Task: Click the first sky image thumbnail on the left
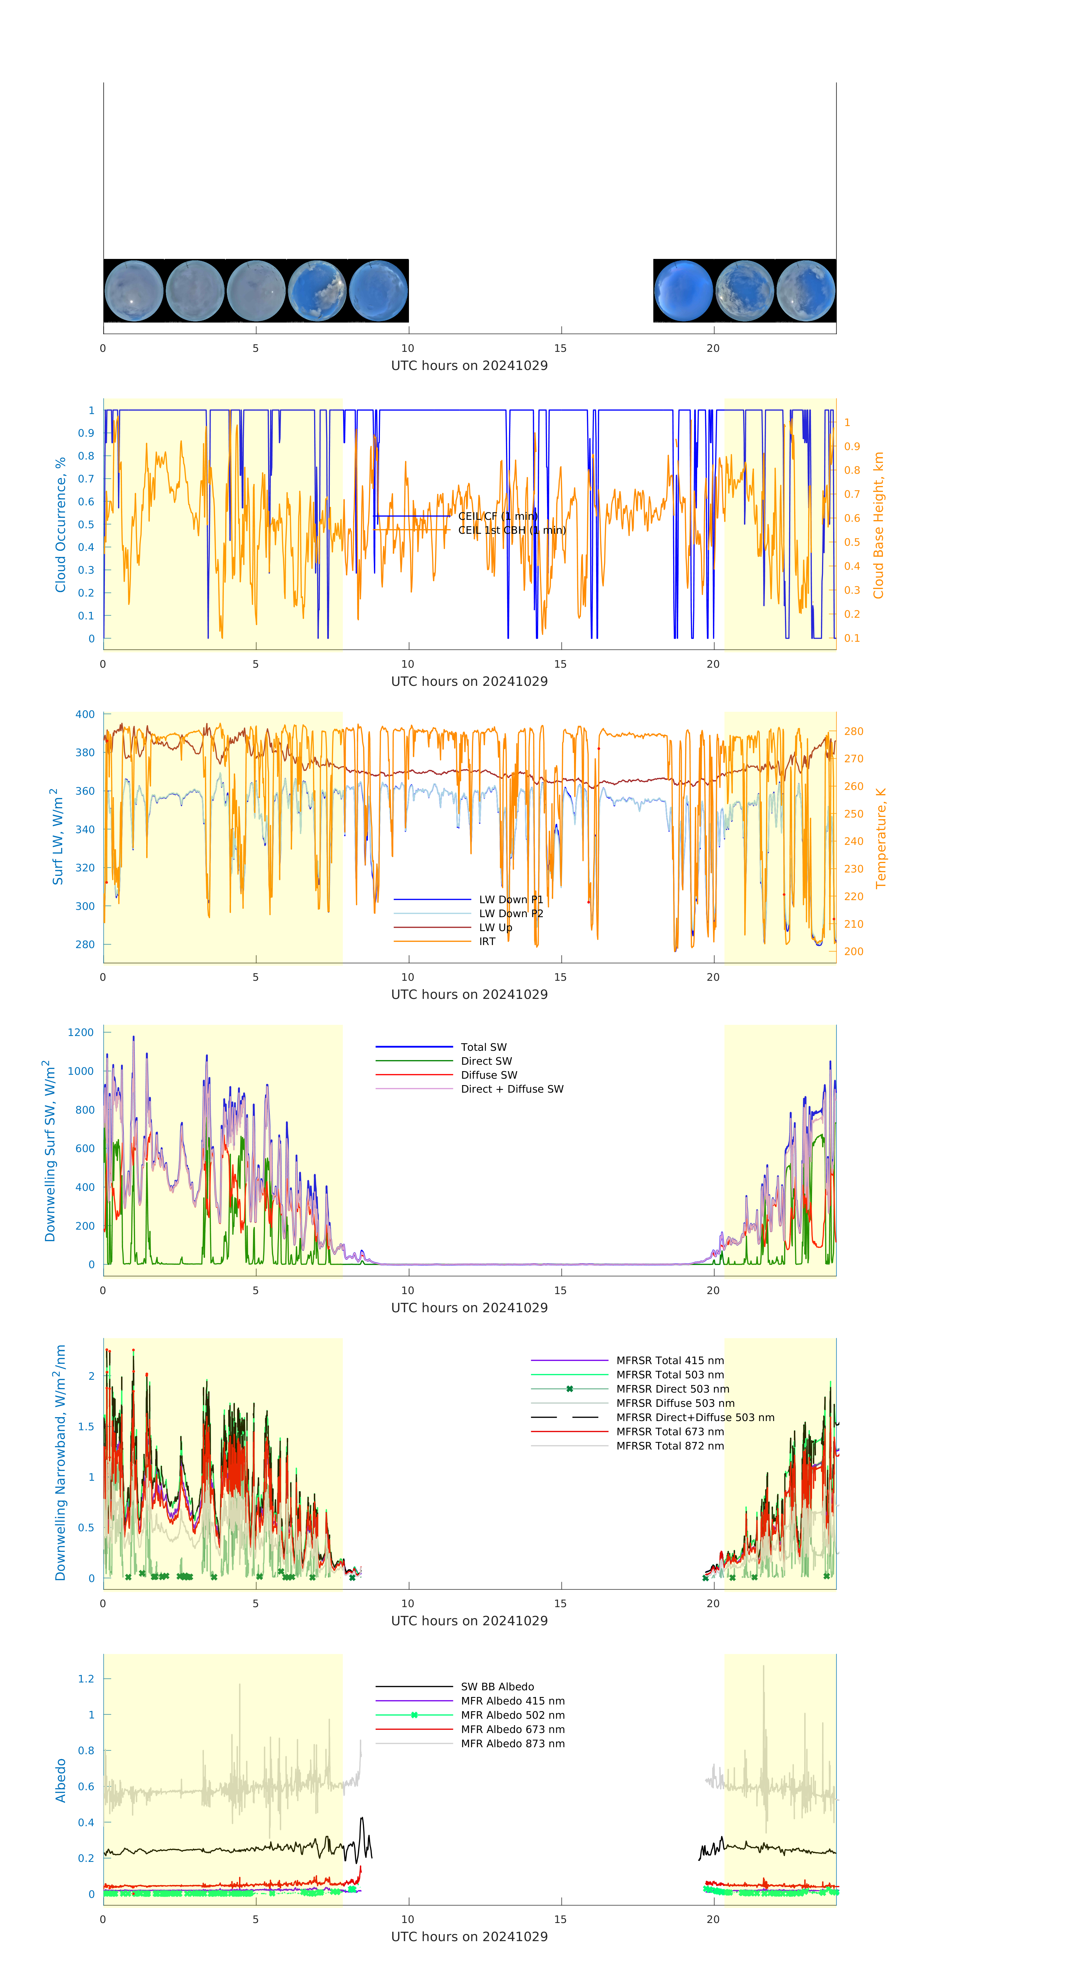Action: point(133,291)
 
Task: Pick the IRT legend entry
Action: point(487,941)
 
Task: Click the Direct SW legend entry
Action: point(486,1061)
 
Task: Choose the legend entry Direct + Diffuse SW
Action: point(512,1089)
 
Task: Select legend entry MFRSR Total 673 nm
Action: point(670,1432)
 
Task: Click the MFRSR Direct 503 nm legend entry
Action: point(672,1389)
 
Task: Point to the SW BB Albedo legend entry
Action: point(497,1687)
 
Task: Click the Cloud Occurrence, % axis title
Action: point(60,525)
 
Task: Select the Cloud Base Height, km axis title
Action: point(878,525)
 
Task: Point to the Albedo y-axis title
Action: point(60,1780)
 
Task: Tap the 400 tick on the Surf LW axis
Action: point(85,715)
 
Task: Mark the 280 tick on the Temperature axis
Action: point(853,732)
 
